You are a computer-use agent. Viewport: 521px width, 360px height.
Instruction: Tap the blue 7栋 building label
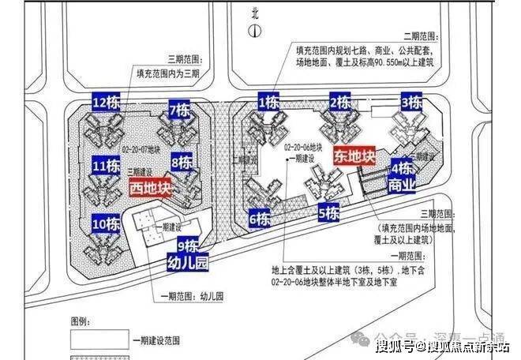tap(179, 110)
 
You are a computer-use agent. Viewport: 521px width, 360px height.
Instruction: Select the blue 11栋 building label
tap(104, 167)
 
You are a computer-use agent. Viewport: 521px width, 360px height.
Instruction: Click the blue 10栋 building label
tap(104, 223)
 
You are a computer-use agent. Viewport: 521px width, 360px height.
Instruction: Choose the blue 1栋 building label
tap(268, 102)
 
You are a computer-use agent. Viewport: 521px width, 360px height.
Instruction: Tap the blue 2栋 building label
tap(340, 102)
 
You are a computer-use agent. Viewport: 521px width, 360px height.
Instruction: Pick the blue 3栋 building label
tap(410, 102)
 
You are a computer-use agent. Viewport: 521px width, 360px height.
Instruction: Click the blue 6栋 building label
tap(260, 218)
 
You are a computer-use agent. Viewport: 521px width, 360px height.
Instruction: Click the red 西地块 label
tap(149, 189)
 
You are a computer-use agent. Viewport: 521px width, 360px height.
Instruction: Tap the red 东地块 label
tap(354, 156)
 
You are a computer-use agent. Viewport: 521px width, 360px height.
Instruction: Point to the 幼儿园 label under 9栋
tap(187, 264)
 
